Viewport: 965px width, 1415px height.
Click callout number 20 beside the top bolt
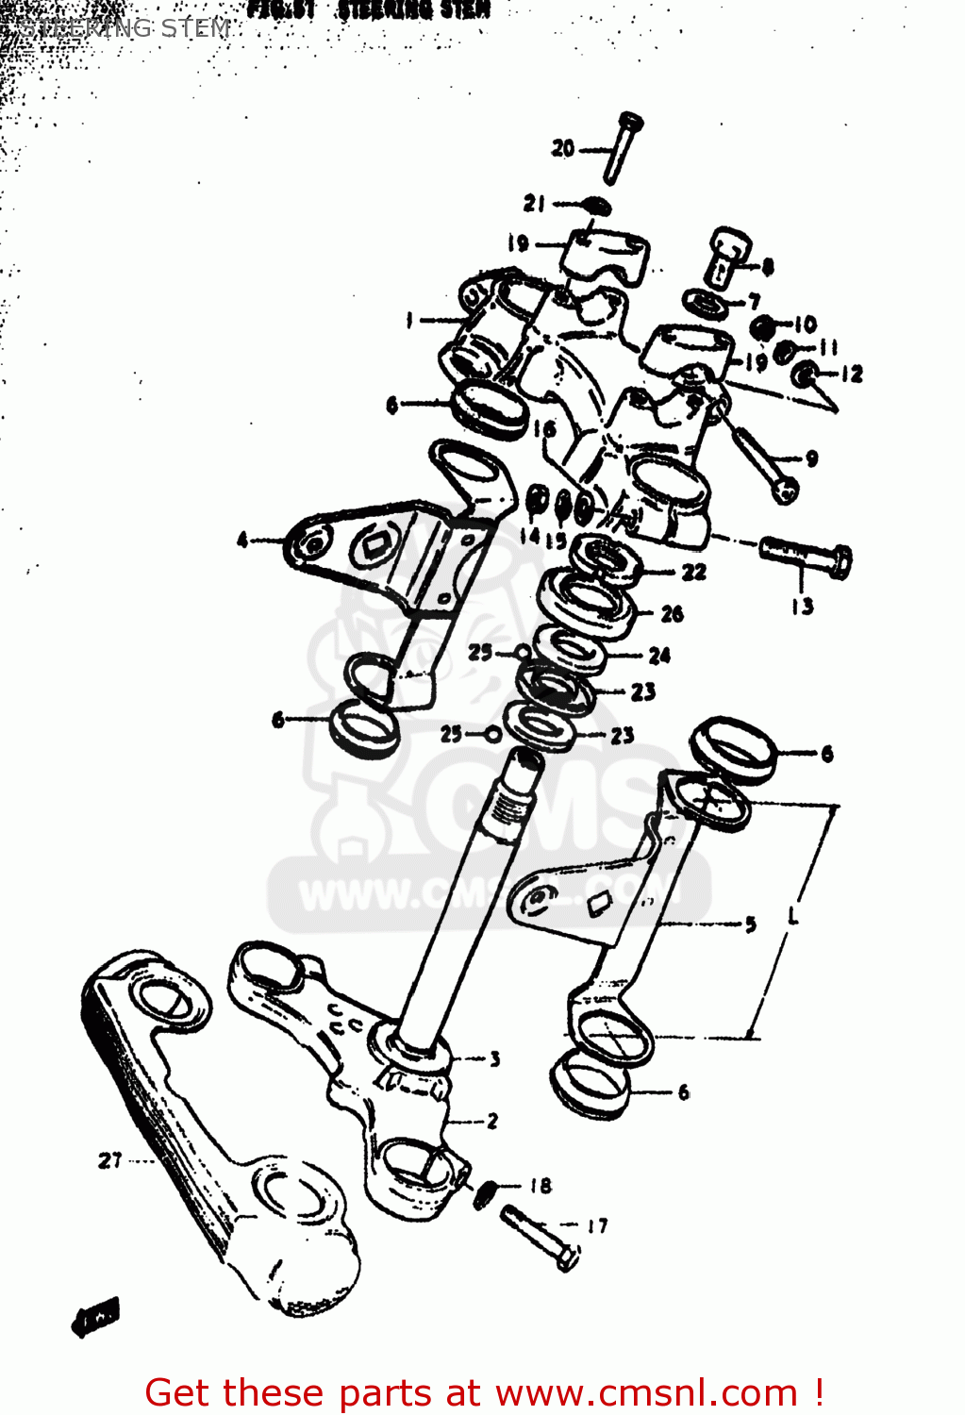point(563,148)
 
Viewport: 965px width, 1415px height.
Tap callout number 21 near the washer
point(535,203)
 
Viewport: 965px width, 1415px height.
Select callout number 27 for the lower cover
point(110,1160)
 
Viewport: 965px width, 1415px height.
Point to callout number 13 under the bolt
point(802,607)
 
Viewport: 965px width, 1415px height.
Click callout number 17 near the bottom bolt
point(597,1226)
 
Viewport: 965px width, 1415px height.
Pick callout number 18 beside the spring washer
point(541,1186)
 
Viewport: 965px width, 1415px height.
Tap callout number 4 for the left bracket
point(242,541)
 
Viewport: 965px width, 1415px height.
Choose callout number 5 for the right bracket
point(750,924)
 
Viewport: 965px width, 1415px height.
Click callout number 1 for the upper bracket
point(409,321)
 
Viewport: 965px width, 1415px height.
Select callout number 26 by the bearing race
point(672,614)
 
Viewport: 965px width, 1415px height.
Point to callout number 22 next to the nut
point(693,572)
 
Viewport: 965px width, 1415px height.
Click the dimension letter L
point(792,915)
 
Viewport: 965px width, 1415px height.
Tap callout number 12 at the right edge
point(851,375)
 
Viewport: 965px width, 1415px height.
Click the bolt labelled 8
point(727,255)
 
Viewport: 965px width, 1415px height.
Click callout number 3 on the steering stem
point(494,1059)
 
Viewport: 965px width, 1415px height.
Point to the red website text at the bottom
point(485,1392)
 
